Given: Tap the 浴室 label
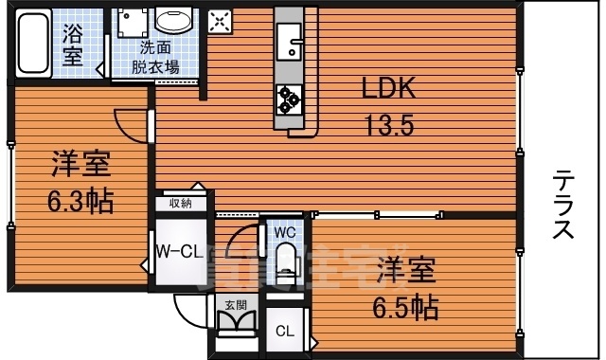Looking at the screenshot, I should point(73,45).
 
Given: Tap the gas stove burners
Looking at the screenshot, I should point(288,97).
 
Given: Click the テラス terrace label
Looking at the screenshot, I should point(562,204).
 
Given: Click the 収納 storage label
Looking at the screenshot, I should point(181,203).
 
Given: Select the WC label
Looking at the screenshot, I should point(287,231).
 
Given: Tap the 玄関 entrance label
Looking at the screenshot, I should point(235,305).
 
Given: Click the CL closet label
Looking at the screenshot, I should point(284,332).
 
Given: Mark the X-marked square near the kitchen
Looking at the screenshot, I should point(219,22).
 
